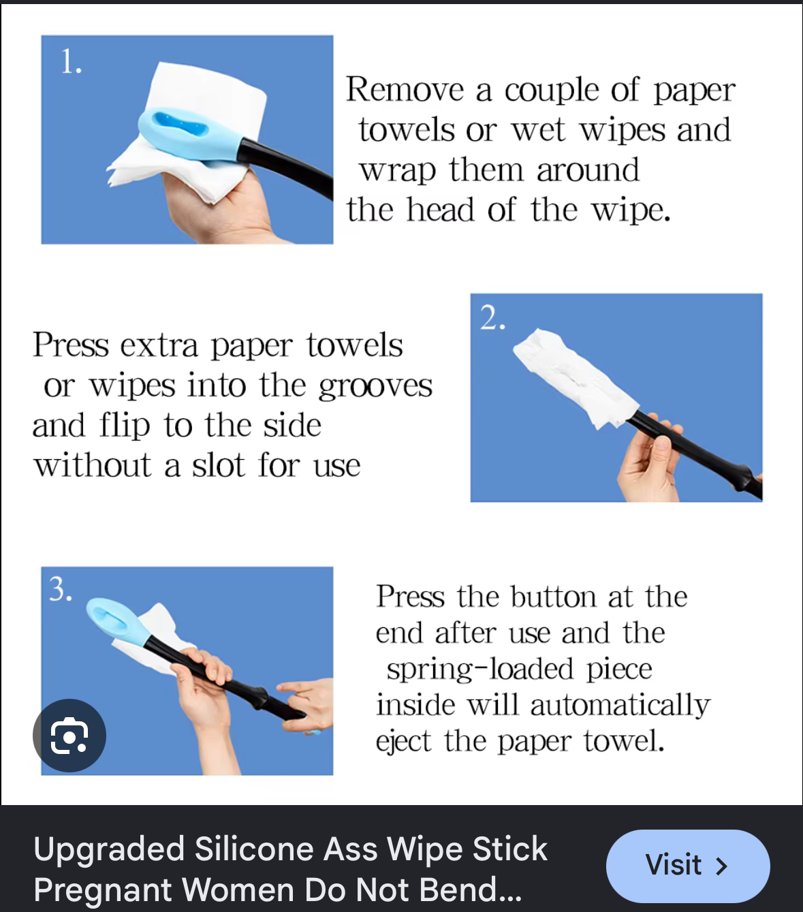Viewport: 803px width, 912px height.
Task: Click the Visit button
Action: click(688, 866)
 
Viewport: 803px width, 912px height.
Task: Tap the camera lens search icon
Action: click(69, 736)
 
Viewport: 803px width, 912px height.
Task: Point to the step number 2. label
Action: click(492, 318)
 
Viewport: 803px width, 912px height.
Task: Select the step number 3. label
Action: click(61, 588)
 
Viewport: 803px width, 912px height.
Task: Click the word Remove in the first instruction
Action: click(405, 89)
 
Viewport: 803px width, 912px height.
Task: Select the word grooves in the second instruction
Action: click(375, 387)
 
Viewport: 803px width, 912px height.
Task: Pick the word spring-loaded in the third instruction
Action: click(480, 670)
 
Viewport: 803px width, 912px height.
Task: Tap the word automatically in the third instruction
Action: click(620, 706)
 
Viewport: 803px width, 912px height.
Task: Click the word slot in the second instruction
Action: click(219, 465)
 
